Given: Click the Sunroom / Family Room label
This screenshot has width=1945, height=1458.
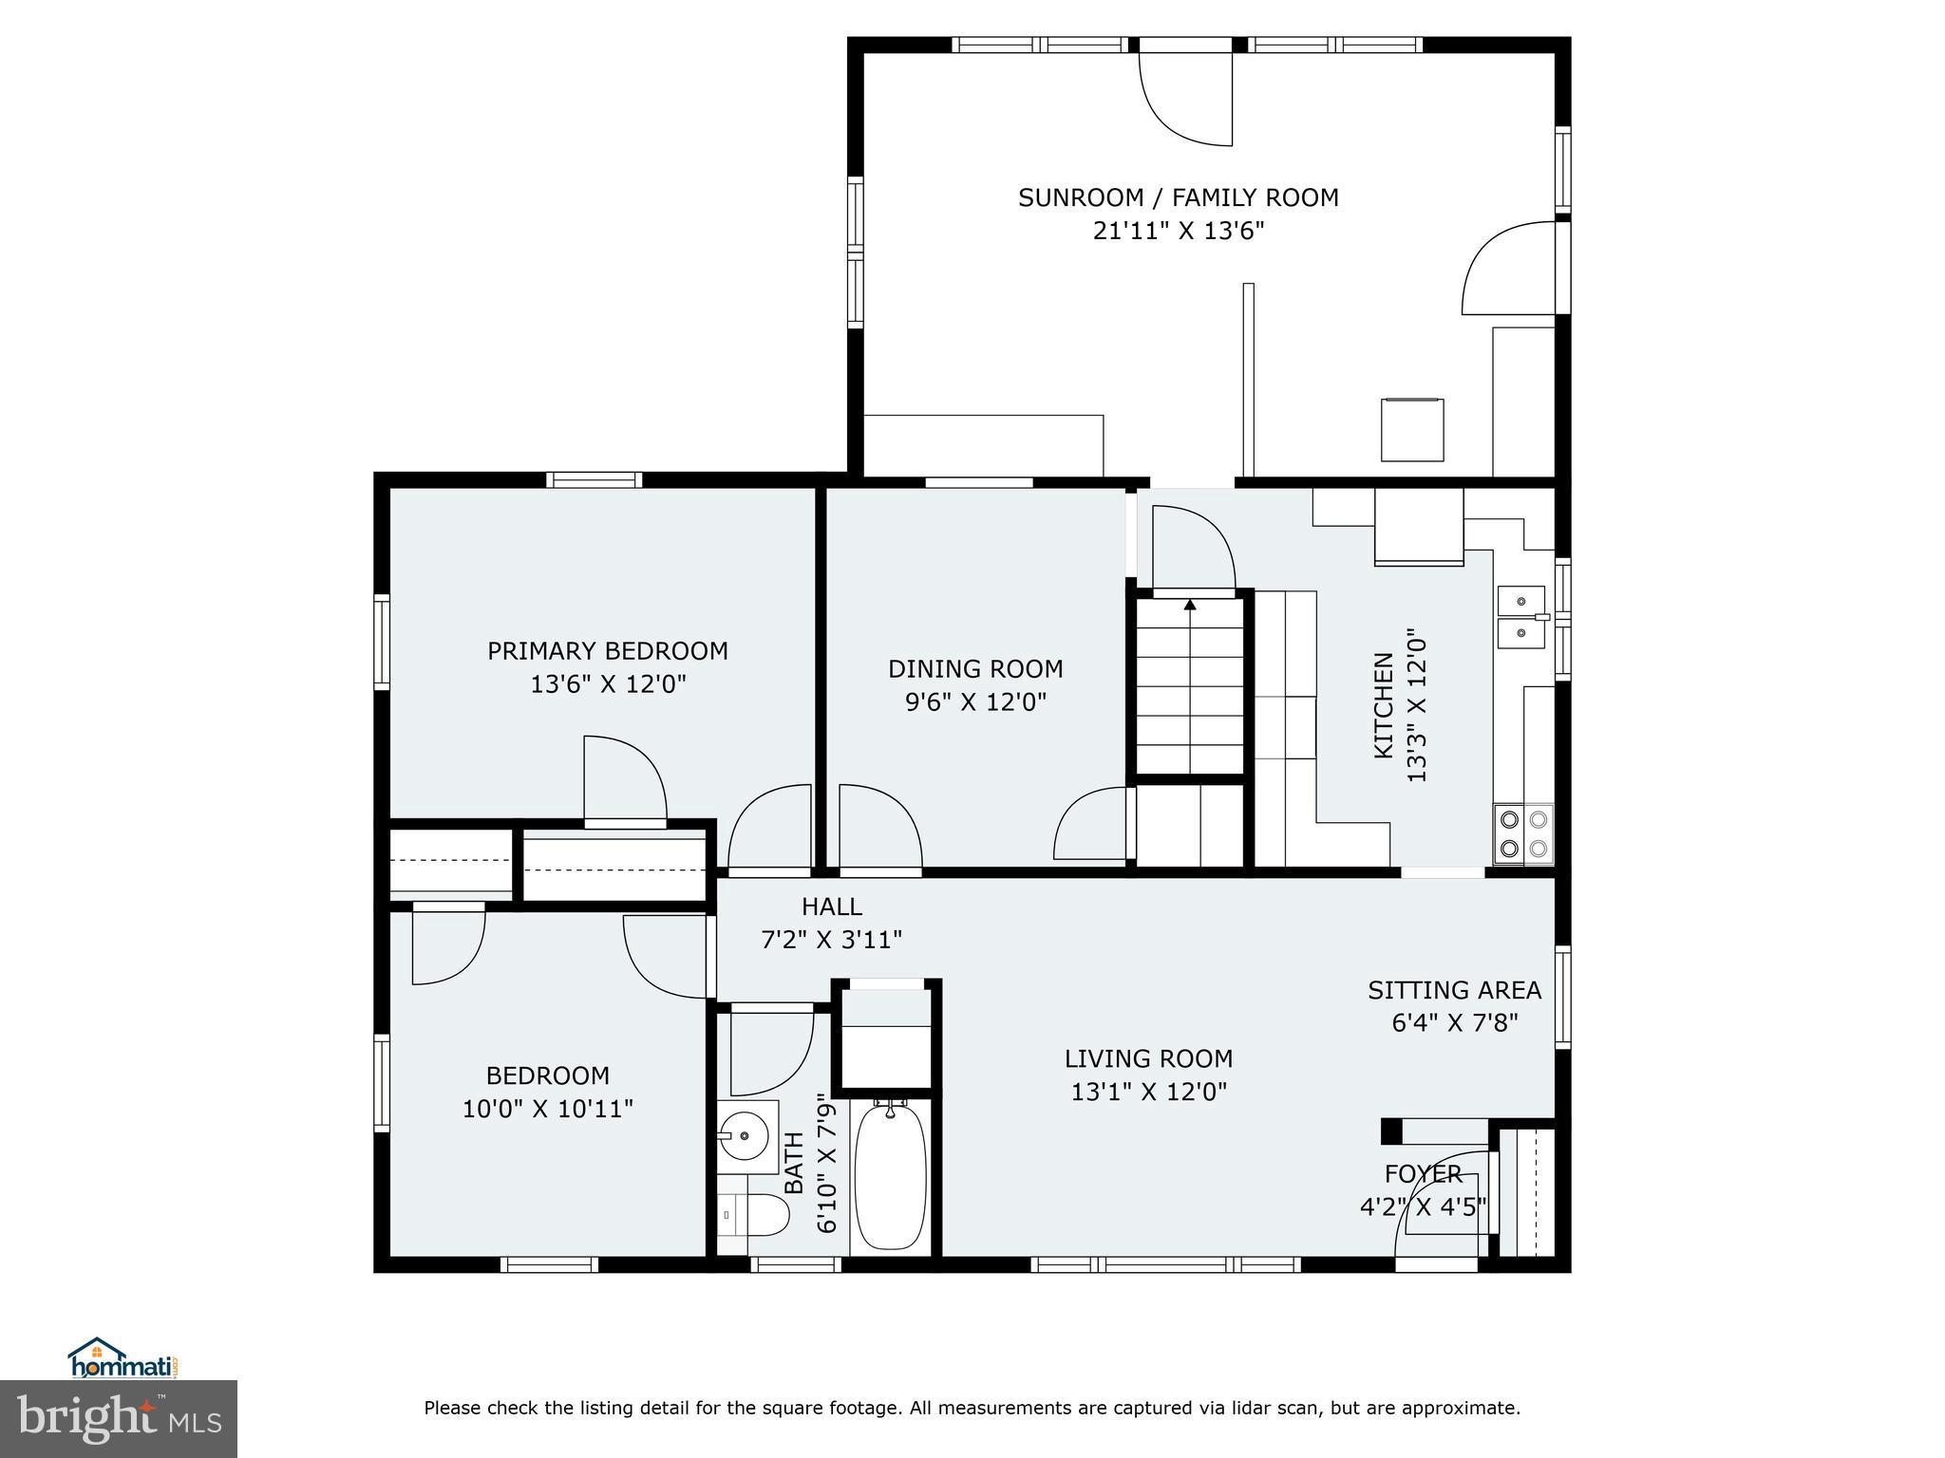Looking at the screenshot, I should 1178,197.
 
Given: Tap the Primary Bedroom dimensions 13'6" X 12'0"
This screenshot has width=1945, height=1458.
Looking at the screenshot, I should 608,684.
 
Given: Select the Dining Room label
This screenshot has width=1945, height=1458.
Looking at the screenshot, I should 975,669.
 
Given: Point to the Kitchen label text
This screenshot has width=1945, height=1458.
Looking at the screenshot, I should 1384,704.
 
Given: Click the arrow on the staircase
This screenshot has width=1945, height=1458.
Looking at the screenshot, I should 1190,604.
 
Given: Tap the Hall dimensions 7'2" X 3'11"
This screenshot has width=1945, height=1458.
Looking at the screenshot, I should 831,940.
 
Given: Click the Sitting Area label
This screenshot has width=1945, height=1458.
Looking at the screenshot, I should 1454,990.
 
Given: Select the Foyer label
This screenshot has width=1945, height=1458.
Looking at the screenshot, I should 1423,1174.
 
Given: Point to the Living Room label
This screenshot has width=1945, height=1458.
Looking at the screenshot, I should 1148,1058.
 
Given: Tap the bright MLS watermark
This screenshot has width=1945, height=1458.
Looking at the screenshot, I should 119,1419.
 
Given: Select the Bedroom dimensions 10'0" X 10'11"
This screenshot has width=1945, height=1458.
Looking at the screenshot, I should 547,1109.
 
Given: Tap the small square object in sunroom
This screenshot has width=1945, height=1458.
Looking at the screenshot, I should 1412,429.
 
